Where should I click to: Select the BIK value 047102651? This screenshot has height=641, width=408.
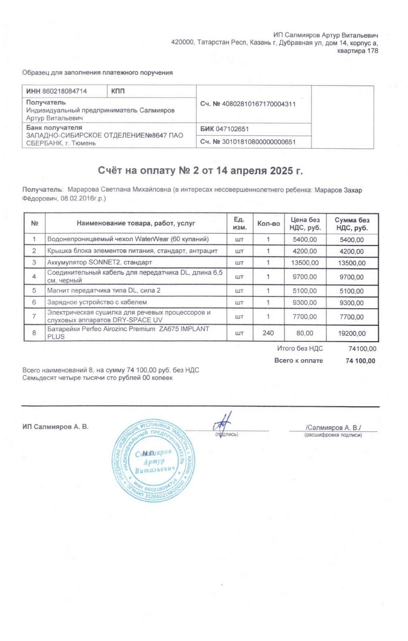[232, 129]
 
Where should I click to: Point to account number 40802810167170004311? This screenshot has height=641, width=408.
[258, 104]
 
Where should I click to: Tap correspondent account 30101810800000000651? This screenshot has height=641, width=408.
[258, 141]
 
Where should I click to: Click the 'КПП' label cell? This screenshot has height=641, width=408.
[118, 91]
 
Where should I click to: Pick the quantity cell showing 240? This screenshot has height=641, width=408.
[268, 333]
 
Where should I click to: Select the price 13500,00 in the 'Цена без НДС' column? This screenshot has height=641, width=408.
[305, 262]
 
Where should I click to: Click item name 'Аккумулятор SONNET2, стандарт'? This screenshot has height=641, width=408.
[99, 262]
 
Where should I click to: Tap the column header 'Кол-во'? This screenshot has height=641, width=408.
[268, 223]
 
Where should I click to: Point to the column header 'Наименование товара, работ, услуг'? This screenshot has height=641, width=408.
[136, 223]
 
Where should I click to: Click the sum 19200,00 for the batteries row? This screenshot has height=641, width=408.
[352, 334]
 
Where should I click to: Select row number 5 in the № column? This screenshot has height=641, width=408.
[34, 291]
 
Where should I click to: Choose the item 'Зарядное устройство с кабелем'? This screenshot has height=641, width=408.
[97, 302]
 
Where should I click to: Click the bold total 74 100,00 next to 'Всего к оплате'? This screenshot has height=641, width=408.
[360, 361]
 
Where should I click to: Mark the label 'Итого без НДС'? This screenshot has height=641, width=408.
[300, 349]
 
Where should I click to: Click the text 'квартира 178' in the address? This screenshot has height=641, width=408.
[358, 51]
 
